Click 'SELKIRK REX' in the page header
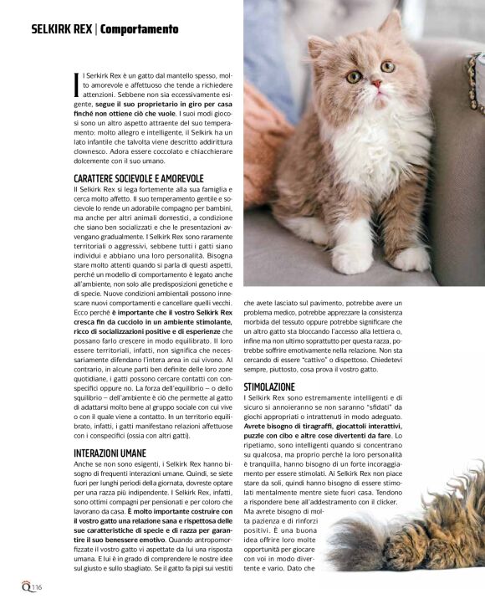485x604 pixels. click(61, 29)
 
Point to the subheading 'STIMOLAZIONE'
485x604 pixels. click(268, 387)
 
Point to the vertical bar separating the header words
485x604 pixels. click(96, 29)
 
